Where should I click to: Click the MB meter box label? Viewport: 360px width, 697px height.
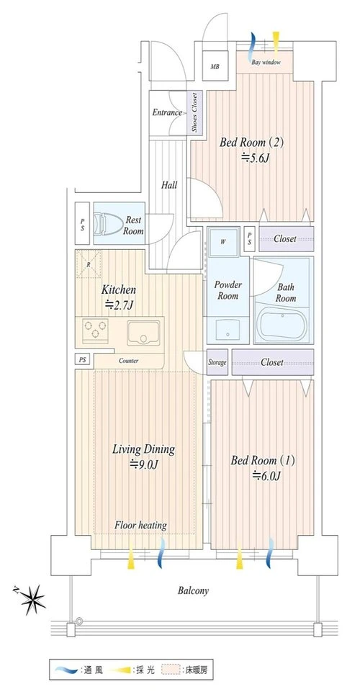[215, 67]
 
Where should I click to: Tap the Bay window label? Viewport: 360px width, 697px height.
[266, 63]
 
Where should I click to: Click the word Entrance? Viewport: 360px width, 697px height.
[167, 112]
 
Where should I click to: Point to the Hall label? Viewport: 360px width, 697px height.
[169, 184]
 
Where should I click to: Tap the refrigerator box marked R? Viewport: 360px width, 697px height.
[89, 264]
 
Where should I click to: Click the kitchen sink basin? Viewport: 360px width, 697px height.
[143, 333]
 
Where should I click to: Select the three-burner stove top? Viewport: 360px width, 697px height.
[95, 330]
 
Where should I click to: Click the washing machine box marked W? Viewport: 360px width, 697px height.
[223, 242]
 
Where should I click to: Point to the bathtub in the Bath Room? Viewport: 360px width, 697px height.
[283, 325]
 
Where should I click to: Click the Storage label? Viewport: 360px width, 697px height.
[217, 362]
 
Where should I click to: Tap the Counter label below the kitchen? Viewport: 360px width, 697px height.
[128, 361]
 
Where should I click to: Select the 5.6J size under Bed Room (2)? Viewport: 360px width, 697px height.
[255, 157]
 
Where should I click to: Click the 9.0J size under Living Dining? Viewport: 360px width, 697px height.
[143, 464]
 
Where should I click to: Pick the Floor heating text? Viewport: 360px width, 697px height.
[140, 526]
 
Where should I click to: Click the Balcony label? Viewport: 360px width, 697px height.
[194, 590]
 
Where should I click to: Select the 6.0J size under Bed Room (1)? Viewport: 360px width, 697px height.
[267, 476]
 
